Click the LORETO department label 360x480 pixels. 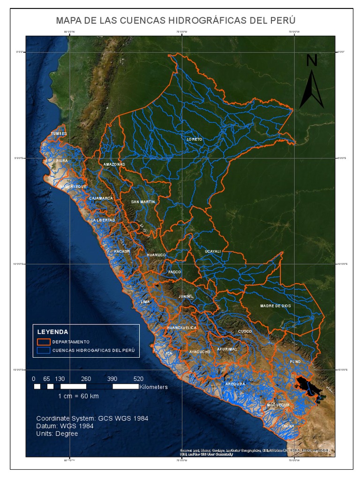(x=194, y=139)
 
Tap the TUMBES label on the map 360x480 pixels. (x=59, y=134)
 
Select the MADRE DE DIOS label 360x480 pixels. (x=276, y=306)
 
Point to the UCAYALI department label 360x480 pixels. (x=212, y=252)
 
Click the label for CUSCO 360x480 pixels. (x=245, y=331)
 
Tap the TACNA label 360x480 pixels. (x=288, y=426)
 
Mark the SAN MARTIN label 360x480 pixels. (x=143, y=202)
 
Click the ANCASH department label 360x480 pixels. (x=121, y=252)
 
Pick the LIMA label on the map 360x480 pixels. (x=145, y=302)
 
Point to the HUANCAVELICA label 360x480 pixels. (x=182, y=328)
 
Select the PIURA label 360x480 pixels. (x=62, y=161)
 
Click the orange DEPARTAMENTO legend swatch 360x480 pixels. (x=44, y=342)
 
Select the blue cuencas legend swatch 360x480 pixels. (x=44, y=350)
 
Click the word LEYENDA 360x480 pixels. (x=53, y=331)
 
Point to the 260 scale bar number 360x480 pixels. (x=86, y=379)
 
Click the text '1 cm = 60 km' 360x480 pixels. (x=78, y=396)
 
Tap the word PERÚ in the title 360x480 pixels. (x=281, y=21)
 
